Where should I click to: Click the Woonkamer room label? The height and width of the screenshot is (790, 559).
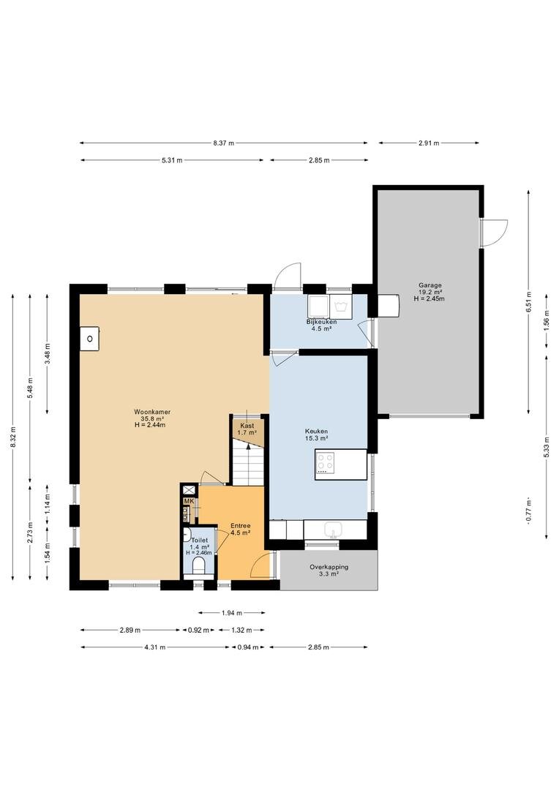pos(151,412)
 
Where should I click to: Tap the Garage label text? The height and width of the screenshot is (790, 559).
pos(429,285)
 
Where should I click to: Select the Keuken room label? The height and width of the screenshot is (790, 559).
pos(317,432)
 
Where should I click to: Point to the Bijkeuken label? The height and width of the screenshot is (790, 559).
pos(322,322)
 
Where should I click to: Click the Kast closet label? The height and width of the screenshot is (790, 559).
pos(247,426)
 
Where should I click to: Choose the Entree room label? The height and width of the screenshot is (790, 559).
pos(241,526)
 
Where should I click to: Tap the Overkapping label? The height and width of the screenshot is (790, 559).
pos(329,567)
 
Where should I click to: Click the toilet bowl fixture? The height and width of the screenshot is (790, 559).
pos(199,565)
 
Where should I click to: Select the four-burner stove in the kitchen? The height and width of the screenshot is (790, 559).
pos(325,463)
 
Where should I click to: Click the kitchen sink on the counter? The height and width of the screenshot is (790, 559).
pos(333,530)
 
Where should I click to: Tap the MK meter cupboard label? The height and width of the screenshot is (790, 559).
pos(189,501)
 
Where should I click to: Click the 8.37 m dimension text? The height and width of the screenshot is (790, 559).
pos(223,143)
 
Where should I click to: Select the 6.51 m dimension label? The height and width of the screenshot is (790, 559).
pos(528,302)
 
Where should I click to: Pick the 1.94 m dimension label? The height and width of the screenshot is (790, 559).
pos(232,613)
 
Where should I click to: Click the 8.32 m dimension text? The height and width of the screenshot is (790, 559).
pos(12,437)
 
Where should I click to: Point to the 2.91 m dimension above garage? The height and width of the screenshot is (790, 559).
pos(429,143)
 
